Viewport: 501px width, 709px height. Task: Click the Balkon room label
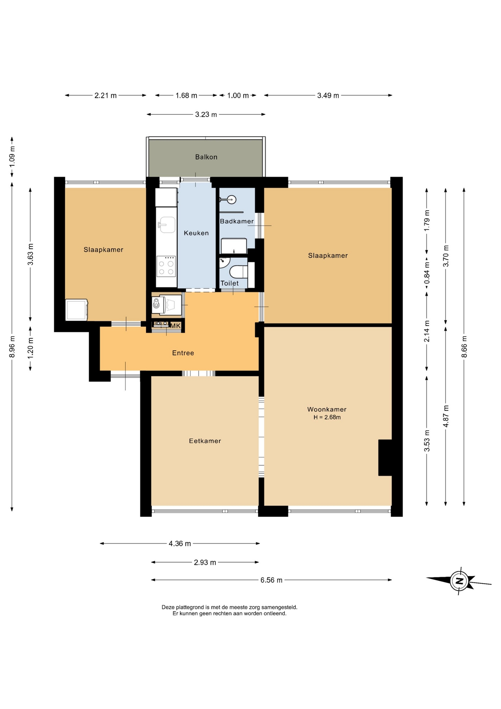pos(206,157)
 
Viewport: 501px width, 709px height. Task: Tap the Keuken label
pos(196,233)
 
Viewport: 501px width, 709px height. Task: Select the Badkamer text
pos(237,221)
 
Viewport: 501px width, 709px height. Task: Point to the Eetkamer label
pos(205,441)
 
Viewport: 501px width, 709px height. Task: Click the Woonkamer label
pos(327,409)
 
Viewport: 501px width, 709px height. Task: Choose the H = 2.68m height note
pos(327,417)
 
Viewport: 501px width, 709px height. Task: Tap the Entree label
pos(183,353)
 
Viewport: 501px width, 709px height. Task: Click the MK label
pos(176,326)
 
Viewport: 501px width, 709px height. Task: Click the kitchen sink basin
pos(166,225)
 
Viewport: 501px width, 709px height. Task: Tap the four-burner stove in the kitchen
pos(166,266)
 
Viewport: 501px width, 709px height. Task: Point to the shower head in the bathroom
pos(231,199)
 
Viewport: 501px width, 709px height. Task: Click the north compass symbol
pos(459,580)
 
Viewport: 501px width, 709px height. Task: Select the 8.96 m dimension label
pos(12,346)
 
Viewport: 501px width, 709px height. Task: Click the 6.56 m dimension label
pos(272,580)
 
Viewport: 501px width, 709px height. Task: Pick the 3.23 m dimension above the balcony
pos(206,114)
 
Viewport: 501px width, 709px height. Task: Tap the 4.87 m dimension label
pos(446,416)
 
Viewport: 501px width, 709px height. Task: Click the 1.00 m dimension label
pos(238,96)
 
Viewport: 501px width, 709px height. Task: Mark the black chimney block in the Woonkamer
pos(385,458)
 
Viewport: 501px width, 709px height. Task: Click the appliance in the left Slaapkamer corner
pos(77,310)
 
